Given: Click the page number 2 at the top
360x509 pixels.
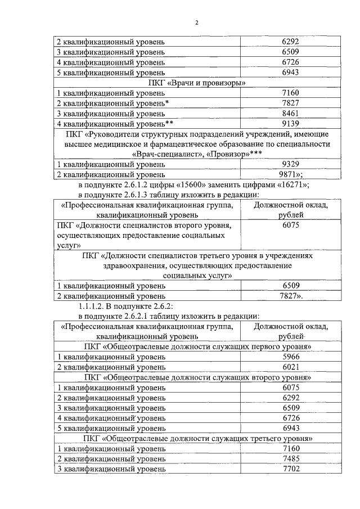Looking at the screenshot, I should click(197, 23).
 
